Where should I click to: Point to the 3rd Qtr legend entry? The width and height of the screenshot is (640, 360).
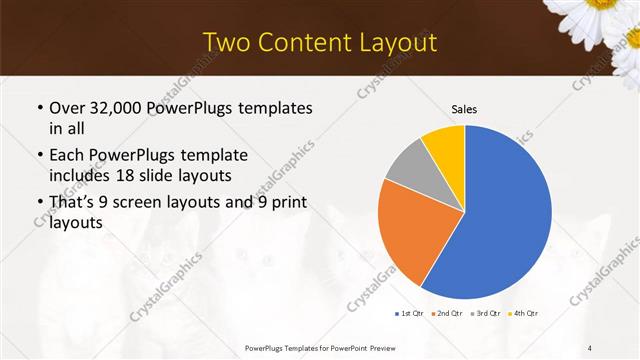[x=486, y=314]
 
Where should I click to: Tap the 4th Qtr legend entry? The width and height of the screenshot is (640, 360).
[x=524, y=314]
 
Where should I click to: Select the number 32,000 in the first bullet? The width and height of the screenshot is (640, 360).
[x=126, y=107]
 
